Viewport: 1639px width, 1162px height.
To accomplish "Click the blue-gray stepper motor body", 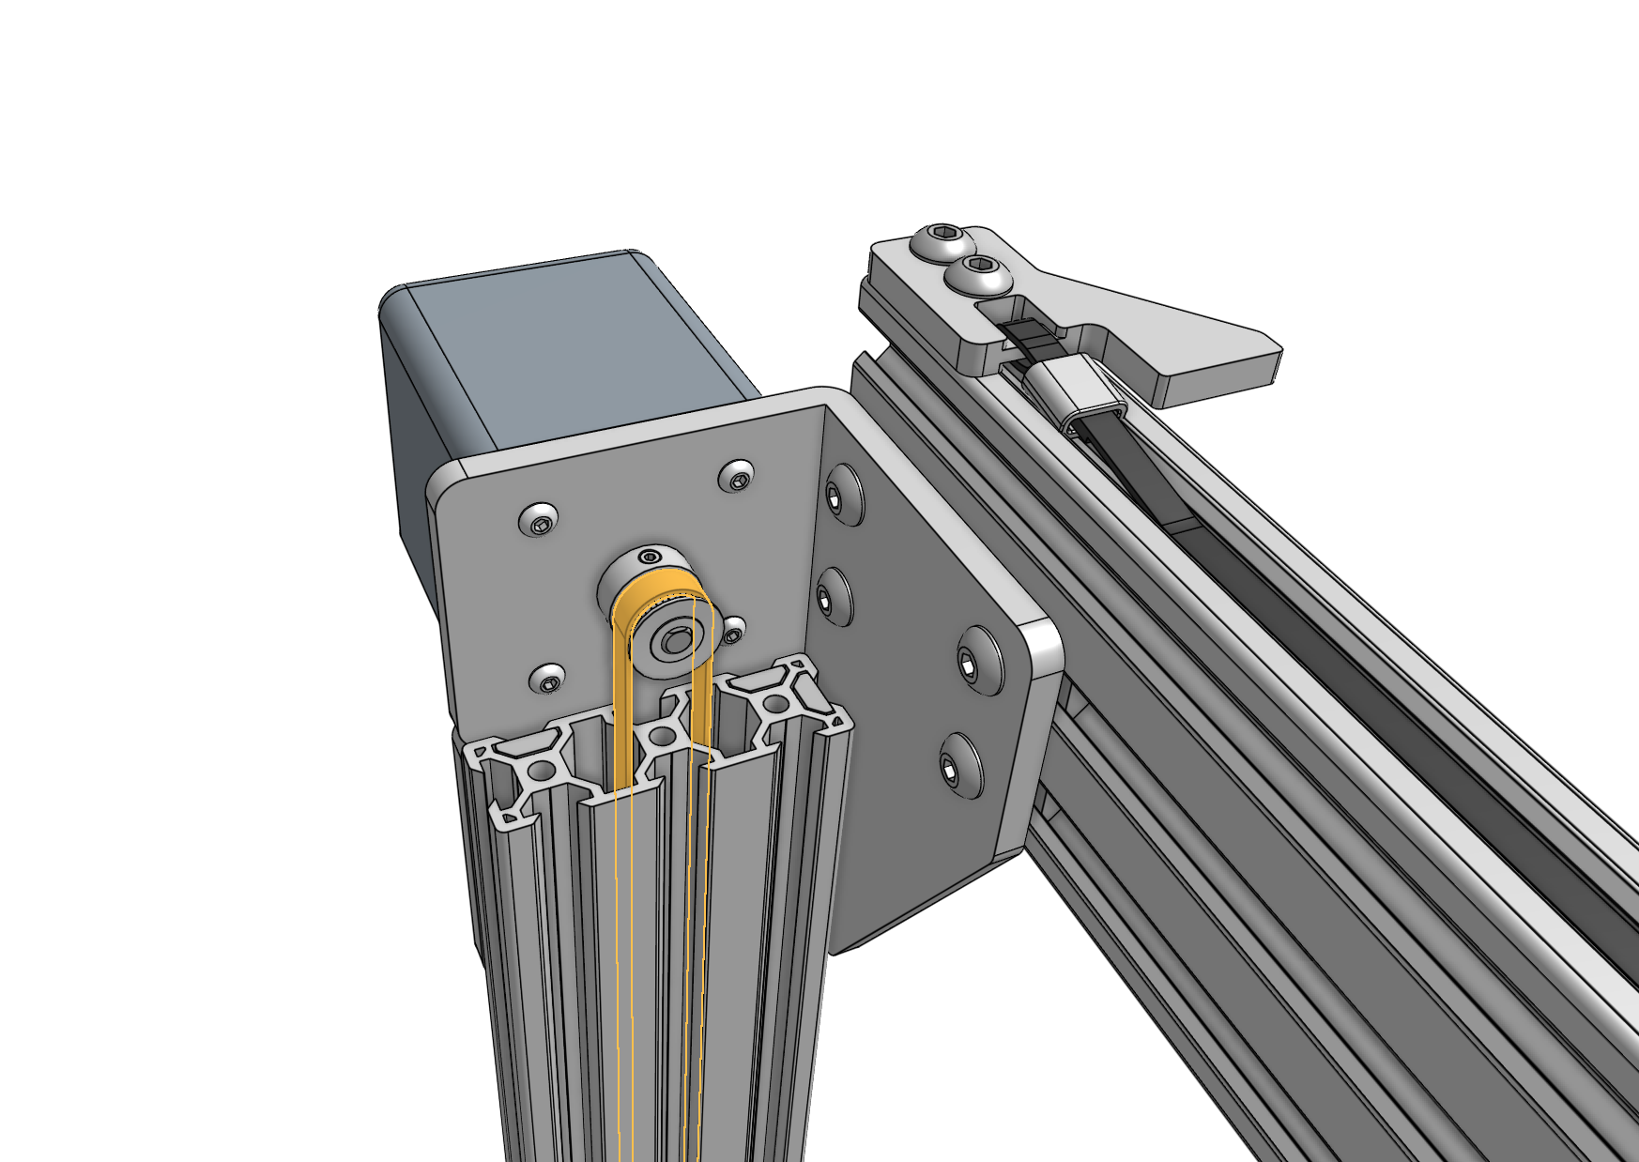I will [x=563, y=357].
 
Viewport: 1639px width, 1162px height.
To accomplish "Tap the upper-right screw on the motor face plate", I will [x=737, y=476].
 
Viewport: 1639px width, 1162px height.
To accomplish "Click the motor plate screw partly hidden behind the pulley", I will [x=732, y=631].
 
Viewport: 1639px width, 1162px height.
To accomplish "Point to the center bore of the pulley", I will [x=673, y=642].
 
